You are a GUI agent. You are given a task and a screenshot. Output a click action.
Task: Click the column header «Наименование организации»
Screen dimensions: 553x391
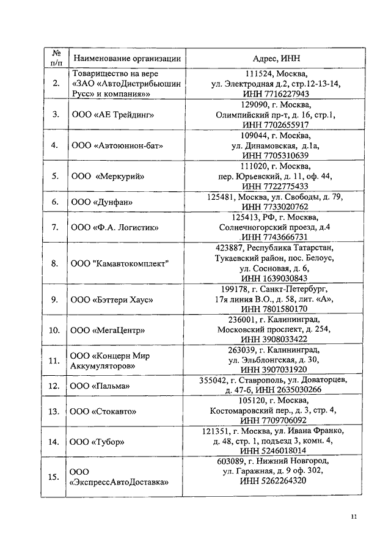(x=126, y=58)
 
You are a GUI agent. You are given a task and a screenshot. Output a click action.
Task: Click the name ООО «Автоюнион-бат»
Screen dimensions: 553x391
(x=117, y=145)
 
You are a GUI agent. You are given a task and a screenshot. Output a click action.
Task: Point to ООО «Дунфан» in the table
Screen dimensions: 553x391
(x=101, y=202)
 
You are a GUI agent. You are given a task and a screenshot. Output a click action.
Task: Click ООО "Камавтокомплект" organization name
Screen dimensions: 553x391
(x=119, y=263)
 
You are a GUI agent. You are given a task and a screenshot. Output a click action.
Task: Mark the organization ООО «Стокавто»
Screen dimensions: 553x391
(x=104, y=411)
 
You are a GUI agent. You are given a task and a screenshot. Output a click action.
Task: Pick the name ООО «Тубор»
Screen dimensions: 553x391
(x=98, y=441)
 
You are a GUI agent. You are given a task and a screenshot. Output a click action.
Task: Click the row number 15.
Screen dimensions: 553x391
(x=54, y=477)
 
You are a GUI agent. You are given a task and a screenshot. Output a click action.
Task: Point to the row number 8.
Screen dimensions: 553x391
(x=54, y=263)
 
